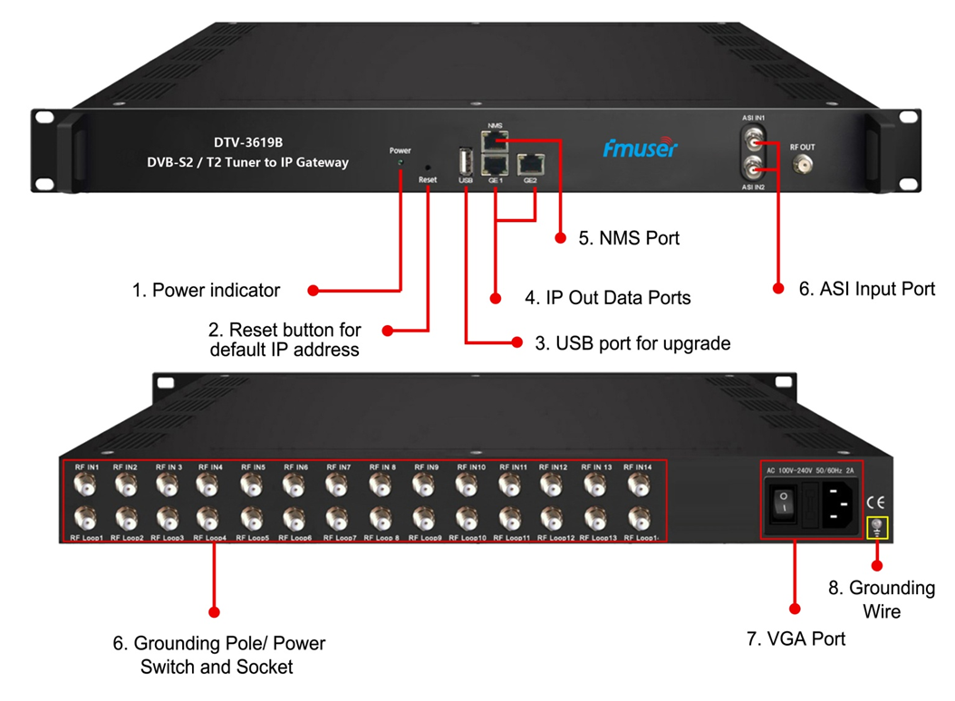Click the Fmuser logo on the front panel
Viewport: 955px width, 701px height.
(x=640, y=148)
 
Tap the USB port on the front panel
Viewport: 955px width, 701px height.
(x=466, y=162)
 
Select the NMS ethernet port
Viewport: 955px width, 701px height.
(x=495, y=140)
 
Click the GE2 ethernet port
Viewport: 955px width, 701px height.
(x=530, y=165)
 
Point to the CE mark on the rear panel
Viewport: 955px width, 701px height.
(x=876, y=501)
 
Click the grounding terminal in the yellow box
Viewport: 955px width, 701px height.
(x=877, y=526)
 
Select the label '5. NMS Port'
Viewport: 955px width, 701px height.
(x=629, y=238)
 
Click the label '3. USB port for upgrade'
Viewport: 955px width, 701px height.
(x=632, y=343)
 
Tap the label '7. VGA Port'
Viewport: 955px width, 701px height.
(x=796, y=639)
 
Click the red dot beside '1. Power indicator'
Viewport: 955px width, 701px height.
(x=313, y=291)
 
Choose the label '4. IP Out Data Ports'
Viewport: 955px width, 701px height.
(x=608, y=297)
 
